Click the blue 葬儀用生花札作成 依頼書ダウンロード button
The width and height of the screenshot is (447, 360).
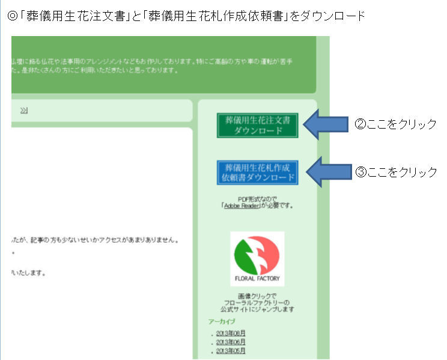[258, 172]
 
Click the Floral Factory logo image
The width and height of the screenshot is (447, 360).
[257, 258]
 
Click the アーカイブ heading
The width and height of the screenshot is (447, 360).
[222, 322]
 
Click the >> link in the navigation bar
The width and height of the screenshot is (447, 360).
[23, 111]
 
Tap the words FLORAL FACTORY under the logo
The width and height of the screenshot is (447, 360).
[257, 279]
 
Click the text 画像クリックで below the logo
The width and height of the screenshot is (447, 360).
[257, 296]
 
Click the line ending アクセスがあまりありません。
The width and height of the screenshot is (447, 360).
[96, 240]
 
